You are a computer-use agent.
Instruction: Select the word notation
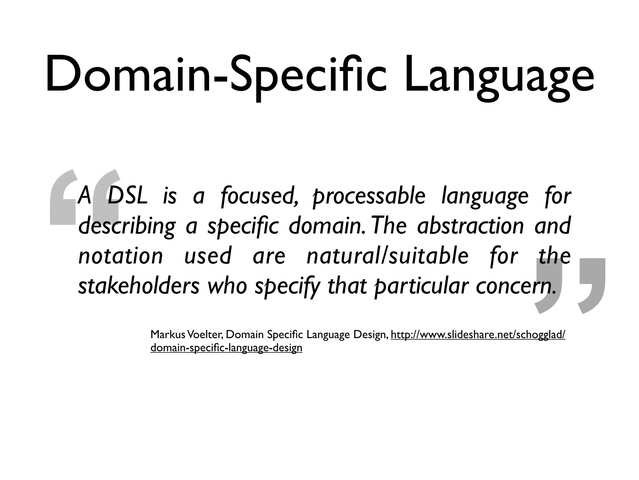pos(120,256)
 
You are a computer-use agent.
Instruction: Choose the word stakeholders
pos(139,286)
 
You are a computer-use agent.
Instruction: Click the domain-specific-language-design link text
pos(226,347)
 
